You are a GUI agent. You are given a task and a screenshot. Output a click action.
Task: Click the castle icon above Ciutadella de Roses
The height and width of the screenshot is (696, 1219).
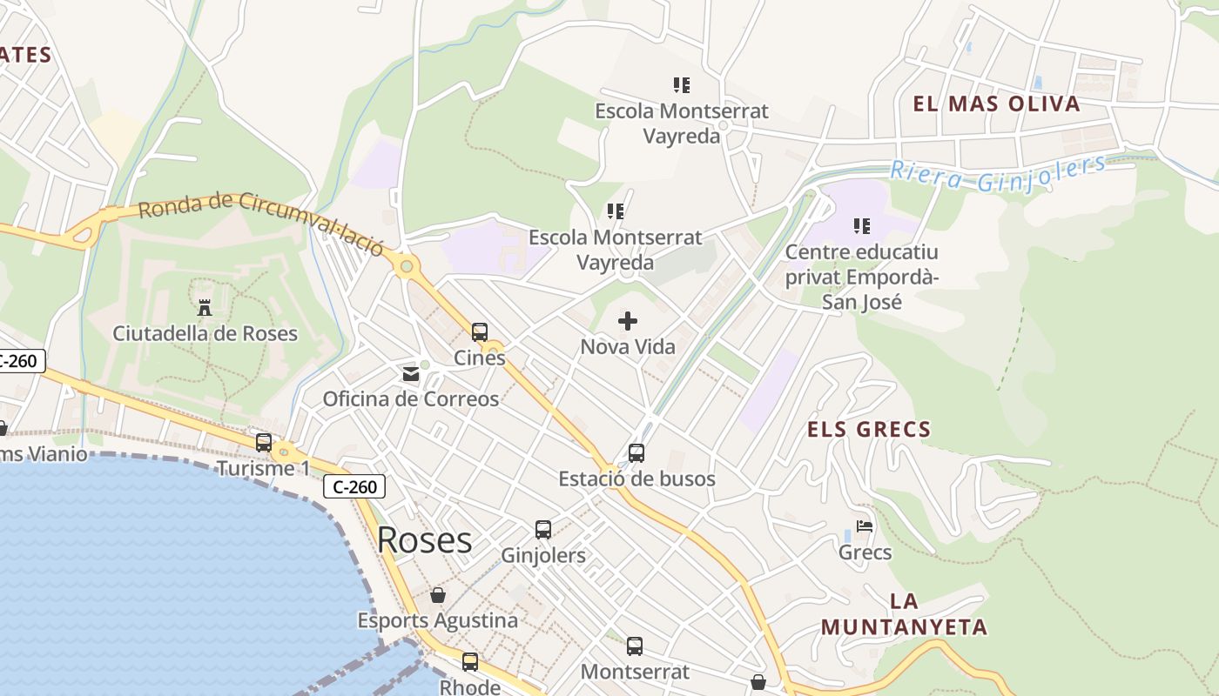[x=205, y=307]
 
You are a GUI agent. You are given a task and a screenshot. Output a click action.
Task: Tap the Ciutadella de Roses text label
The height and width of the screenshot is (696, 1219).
[x=205, y=333]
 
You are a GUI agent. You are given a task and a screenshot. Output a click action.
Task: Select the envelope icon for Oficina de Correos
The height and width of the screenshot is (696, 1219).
[x=410, y=374]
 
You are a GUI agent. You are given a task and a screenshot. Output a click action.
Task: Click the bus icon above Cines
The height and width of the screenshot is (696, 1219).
[x=480, y=331]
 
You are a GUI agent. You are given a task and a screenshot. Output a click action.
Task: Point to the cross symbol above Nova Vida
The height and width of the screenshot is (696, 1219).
[x=627, y=322]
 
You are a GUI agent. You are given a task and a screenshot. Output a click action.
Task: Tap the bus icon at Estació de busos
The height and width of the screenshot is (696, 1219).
[x=636, y=452]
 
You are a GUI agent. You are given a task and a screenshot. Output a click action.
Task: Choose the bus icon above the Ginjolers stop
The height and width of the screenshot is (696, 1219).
[x=543, y=529]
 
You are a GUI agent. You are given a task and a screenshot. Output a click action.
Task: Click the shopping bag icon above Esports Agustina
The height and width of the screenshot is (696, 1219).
[x=438, y=595]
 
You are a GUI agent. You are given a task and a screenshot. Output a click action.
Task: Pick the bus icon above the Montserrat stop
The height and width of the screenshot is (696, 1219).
[x=635, y=646]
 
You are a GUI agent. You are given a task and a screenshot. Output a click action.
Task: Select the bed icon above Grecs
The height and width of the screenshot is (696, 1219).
[x=865, y=526]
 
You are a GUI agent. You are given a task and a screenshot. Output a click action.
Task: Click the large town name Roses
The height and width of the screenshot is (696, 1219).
[x=424, y=540]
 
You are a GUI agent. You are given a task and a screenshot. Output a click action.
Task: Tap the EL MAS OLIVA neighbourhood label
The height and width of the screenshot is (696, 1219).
[x=996, y=104]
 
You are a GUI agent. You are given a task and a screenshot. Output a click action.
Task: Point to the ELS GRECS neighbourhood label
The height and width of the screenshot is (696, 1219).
[x=869, y=429]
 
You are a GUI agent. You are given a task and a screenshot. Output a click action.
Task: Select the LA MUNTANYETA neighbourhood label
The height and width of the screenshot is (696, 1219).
[x=904, y=614]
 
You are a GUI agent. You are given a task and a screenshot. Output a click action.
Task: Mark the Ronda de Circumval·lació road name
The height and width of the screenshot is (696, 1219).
[x=260, y=221]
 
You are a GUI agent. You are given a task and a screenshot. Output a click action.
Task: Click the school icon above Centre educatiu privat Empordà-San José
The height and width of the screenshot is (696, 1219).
[x=862, y=226]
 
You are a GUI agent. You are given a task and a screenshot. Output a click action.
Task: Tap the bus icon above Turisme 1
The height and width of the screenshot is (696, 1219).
[x=263, y=443]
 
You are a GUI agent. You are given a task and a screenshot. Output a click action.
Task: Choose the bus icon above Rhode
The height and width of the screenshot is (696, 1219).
[x=470, y=661]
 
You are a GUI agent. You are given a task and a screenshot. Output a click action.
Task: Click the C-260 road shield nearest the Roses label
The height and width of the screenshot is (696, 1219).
[x=354, y=487]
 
